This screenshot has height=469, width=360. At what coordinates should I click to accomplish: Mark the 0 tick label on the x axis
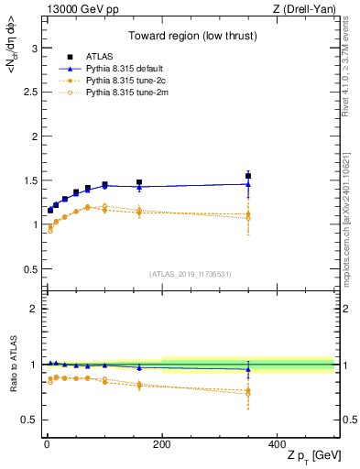pyautogui.click(x=45, y=443)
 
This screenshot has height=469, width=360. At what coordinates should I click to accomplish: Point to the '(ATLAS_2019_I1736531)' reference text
pyautogui.click(x=191, y=273)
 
